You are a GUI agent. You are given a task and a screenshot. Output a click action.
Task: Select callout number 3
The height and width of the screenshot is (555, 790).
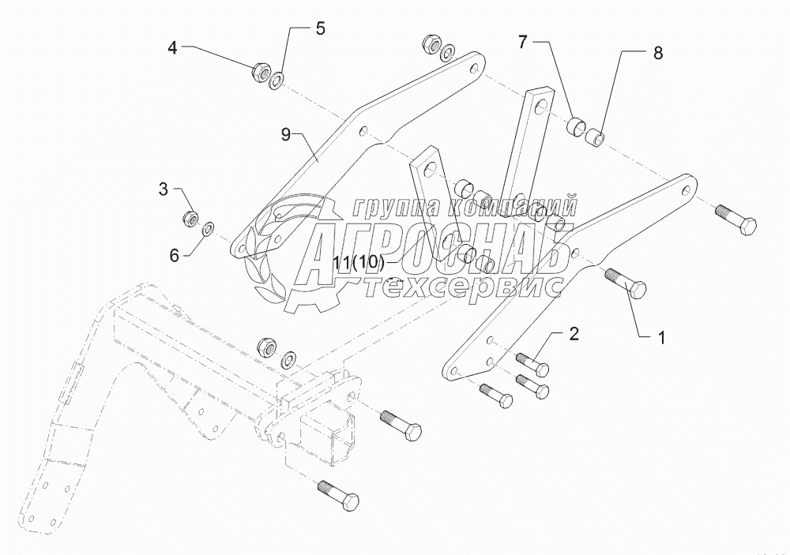(x=164, y=189)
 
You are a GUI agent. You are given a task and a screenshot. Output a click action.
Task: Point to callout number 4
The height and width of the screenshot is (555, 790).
(x=172, y=48)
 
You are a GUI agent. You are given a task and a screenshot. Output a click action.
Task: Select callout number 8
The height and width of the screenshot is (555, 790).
(x=657, y=53)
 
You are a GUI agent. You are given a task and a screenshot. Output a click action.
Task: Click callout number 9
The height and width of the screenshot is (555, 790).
(x=285, y=133)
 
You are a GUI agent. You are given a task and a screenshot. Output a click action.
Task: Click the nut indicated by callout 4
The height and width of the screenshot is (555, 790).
(x=259, y=73)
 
